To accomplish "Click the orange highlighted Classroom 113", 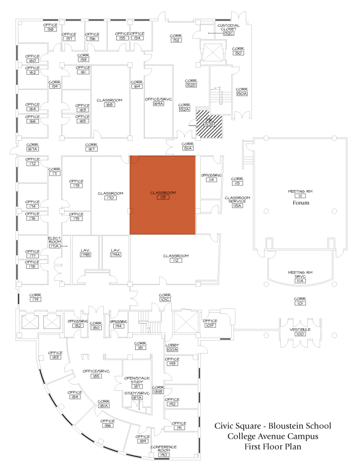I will pos(163,195).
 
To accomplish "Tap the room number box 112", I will pos(175,260).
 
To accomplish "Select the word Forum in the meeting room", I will pos(301,202).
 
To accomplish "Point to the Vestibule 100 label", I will pos(300,332).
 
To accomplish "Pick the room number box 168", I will pos(109,104).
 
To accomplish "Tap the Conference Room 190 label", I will pos(164,449).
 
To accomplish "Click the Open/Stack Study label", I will pos(137,380).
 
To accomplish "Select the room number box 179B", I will pos(85,255).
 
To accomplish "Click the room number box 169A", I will pos(158,104).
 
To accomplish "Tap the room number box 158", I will pos(50,29).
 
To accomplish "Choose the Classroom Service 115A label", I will pos(237,201).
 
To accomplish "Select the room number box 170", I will pos(110,198).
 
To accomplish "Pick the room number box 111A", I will pos(300,281).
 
